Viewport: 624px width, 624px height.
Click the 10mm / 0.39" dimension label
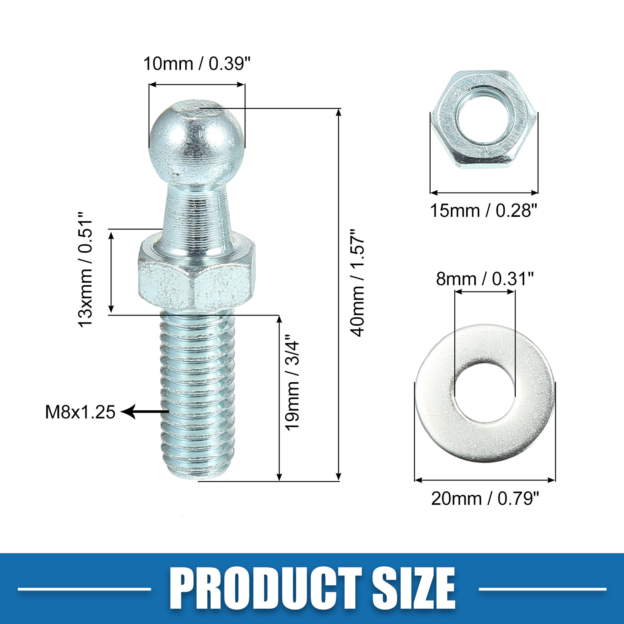click(197, 64)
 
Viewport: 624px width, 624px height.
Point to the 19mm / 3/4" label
click(292, 382)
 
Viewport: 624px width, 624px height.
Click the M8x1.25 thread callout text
click(80, 412)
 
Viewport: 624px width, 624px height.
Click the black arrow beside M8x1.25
click(144, 411)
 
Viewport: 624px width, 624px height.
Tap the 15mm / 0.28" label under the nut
click(483, 211)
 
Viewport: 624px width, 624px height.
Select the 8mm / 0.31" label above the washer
click(484, 279)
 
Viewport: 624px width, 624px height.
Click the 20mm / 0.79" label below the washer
click(485, 499)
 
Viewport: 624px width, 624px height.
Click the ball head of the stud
click(197, 140)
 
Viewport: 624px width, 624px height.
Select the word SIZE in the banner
click(413, 589)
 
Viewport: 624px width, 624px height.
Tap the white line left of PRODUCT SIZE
click(84, 589)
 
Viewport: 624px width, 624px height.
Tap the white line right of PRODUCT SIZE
click(542, 589)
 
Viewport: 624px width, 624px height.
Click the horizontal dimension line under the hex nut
click(484, 193)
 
